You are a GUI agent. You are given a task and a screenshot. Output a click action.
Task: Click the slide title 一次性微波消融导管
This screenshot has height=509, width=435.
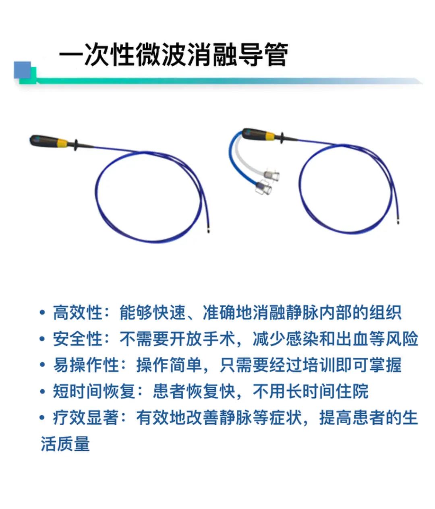coord(174,54)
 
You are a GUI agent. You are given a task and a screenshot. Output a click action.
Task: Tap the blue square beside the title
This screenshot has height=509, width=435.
coord(22,70)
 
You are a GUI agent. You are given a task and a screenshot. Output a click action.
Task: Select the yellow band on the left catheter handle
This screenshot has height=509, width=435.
coord(62,144)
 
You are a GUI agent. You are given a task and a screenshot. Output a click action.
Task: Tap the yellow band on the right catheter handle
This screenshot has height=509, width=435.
coord(271,137)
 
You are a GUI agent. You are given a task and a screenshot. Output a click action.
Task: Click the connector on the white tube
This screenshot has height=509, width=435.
coord(271,174)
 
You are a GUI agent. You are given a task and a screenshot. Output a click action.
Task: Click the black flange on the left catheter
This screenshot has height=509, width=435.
coord(76,145)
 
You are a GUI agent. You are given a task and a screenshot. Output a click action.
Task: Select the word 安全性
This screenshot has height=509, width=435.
coord(78,339)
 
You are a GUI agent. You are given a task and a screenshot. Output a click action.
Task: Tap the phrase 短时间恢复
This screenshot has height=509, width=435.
coord(94,391)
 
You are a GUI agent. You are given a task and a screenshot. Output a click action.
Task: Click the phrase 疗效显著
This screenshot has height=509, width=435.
coord(86,418)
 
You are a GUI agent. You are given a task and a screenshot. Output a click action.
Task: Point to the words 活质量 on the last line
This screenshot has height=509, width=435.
coord(65,444)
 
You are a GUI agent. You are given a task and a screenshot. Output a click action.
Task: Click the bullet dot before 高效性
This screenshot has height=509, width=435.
coord(42,312)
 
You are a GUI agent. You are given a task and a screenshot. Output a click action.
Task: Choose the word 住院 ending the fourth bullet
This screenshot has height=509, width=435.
coord(352,391)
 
